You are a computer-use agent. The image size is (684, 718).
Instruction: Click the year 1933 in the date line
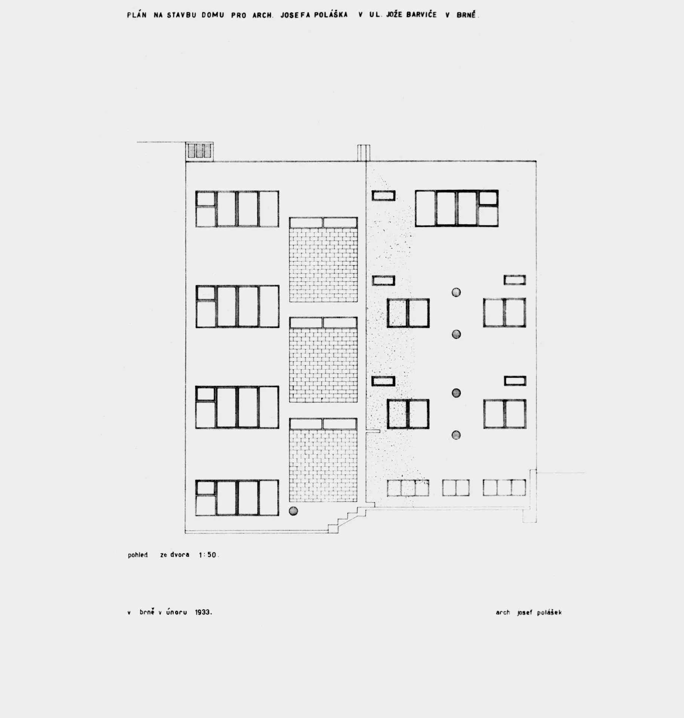point(203,613)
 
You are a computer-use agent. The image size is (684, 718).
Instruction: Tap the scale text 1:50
point(208,555)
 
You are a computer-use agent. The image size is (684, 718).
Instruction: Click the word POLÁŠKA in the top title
point(331,15)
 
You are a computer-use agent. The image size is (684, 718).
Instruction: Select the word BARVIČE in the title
point(421,15)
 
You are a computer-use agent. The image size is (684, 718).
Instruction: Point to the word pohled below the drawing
point(138,555)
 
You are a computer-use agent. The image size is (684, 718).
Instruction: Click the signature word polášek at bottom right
point(549,613)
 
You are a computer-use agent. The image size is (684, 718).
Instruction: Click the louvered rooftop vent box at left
point(200,151)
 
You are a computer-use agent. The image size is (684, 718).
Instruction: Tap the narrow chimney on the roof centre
point(364,153)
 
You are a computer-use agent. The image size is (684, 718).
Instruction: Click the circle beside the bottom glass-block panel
point(294,511)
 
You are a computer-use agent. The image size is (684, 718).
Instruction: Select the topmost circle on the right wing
point(456,292)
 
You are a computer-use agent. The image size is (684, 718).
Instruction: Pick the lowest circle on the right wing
point(456,435)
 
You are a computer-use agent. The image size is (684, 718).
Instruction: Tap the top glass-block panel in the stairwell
point(323,260)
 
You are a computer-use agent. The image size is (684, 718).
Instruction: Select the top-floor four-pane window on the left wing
point(237,209)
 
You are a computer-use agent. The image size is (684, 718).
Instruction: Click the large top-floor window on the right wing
point(457,208)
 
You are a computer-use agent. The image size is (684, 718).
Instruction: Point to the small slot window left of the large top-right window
point(383,195)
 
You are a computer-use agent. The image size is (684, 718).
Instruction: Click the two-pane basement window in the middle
point(456,488)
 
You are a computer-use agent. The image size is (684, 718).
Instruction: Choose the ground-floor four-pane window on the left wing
point(237,498)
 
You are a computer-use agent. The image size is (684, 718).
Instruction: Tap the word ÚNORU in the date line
point(177,612)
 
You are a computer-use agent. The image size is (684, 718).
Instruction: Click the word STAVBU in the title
point(181,15)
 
